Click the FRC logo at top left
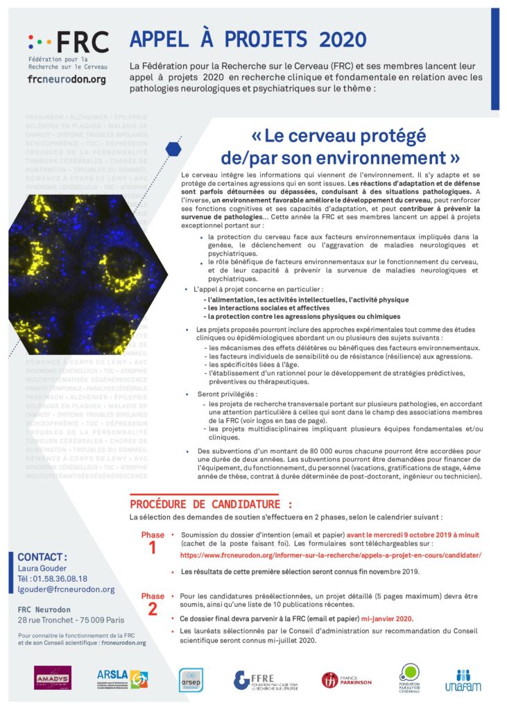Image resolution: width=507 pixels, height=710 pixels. click(x=68, y=43)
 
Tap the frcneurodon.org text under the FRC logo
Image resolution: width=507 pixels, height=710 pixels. click(x=67, y=80)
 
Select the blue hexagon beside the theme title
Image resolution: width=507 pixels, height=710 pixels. click(x=173, y=148)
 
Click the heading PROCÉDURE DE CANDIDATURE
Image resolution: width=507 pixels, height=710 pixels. click(x=212, y=503)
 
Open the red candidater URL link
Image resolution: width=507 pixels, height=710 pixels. click(x=330, y=555)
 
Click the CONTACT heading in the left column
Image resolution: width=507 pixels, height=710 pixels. click(x=42, y=557)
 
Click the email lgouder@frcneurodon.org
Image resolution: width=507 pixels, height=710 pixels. click(x=66, y=589)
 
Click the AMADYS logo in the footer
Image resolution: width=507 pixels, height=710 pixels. click(x=53, y=677)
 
